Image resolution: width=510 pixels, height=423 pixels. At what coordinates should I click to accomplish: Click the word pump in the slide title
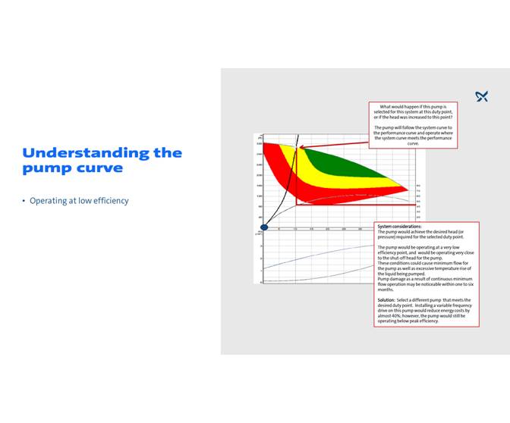click(46, 168)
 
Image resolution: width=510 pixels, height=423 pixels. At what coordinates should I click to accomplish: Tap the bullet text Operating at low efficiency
click(79, 201)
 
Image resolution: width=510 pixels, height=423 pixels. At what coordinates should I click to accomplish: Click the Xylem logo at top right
click(482, 96)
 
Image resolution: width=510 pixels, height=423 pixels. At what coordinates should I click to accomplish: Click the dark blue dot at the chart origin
click(264, 227)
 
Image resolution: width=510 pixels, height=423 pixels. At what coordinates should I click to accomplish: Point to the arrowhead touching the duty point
click(300, 147)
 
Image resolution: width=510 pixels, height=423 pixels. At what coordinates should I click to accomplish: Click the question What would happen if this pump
click(413, 108)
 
